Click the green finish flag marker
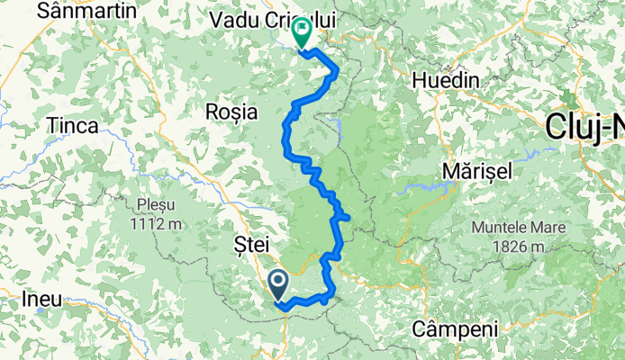(301, 35)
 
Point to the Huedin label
(445, 80)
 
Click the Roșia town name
(231, 112)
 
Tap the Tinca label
(74, 126)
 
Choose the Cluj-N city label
(584, 130)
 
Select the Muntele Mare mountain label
(516, 228)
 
